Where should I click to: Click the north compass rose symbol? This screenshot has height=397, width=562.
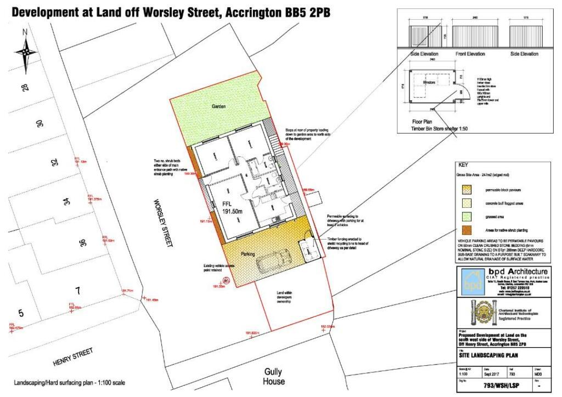[25, 52]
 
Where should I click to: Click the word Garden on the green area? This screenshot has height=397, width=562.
[220, 107]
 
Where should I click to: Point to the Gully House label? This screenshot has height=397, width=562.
[273, 376]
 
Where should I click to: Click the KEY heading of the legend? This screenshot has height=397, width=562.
[463, 165]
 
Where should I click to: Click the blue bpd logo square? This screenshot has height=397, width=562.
[471, 283]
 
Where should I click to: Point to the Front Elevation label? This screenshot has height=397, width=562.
[470, 54]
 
